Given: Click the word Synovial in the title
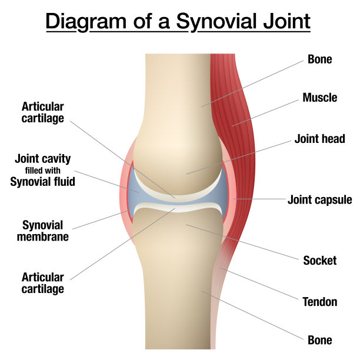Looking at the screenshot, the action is pos(216,22).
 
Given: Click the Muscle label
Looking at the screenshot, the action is pos(320,98).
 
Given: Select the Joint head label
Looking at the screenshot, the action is pos(319,139).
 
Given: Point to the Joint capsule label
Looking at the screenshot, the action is pos(319,200).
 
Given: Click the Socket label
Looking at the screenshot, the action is pos(319,261).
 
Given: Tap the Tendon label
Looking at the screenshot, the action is pos(320,302).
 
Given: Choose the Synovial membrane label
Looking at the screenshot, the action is pos(43,231).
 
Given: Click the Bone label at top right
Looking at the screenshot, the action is pos(319,59).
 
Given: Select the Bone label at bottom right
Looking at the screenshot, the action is pos(319,340).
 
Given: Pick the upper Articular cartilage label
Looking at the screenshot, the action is pos(43,112).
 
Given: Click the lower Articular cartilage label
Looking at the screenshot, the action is pos(43,283).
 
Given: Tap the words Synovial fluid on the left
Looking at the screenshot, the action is pos(43,182).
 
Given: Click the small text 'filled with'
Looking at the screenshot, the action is pos(43,171).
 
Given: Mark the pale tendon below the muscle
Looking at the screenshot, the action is pos(218,298).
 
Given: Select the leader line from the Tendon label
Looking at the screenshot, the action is pos(259,284).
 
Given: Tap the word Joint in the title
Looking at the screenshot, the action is pos(286,22).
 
